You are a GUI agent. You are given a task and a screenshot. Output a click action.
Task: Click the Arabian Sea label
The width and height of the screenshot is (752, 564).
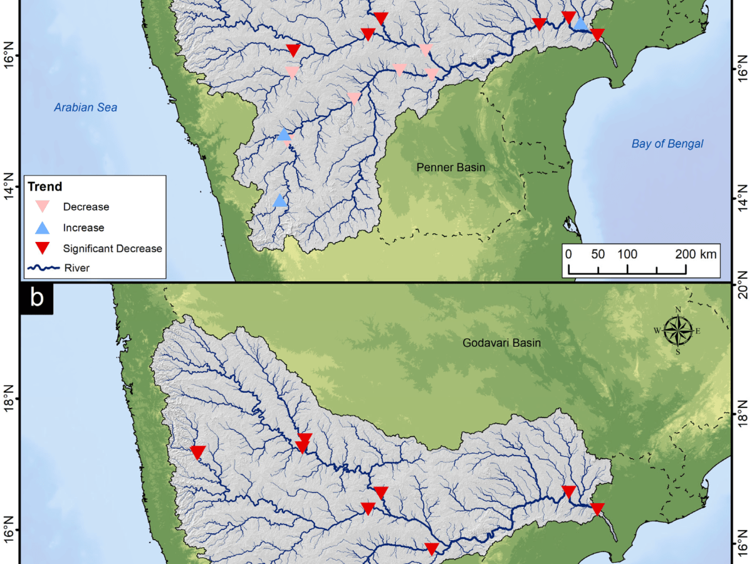tap(85, 107)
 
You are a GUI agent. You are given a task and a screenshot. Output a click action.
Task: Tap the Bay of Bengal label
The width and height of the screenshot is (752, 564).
tap(667, 144)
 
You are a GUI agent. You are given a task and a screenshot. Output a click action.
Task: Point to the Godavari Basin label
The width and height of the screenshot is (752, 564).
tap(501, 343)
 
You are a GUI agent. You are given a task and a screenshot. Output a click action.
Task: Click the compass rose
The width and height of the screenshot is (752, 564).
tap(677, 330)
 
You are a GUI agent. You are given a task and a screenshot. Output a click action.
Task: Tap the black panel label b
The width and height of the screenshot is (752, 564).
tap(37, 298)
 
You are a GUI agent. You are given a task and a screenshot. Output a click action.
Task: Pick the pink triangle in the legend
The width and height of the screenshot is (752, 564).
tap(43, 206)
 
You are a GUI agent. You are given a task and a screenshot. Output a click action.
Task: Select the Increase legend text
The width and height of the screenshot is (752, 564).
tap(83, 227)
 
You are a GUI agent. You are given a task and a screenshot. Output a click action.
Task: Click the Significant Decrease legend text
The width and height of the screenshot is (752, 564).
tap(113, 249)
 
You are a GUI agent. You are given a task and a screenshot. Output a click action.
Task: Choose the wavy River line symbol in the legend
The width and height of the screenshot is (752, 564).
tap(43, 268)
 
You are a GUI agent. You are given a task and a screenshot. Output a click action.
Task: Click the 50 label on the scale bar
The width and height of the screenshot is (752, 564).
tap(598, 254)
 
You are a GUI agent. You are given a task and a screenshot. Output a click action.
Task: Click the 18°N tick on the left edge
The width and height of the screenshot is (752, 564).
tap(10, 399)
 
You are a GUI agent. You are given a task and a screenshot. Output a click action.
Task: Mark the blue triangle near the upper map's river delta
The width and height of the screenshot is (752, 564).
tap(581, 24)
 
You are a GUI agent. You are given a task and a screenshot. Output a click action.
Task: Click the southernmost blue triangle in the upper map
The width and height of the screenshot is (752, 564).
tap(280, 201)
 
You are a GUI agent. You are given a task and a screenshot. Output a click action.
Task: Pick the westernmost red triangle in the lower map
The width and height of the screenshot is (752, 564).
tap(198, 452)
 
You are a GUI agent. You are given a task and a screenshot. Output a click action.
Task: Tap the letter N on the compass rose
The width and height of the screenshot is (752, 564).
tap(677, 310)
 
